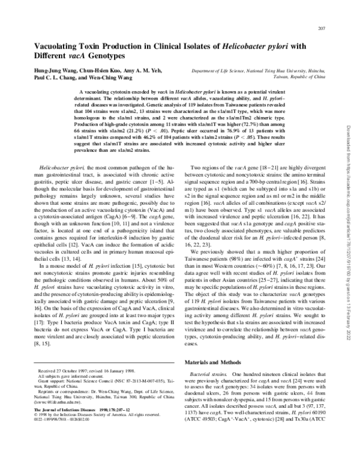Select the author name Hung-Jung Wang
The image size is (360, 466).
58,70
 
